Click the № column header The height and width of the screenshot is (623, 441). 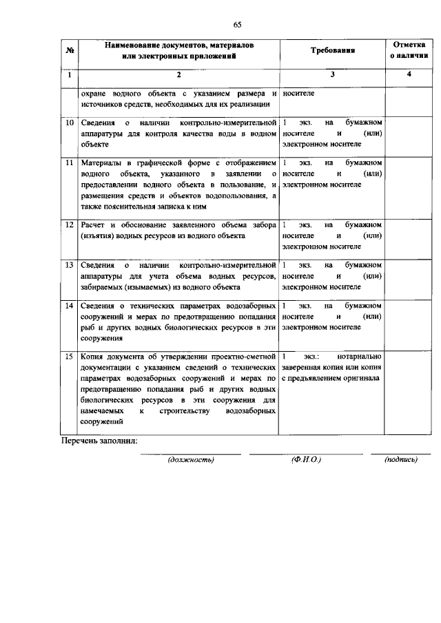click(x=70, y=50)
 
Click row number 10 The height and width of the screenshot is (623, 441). click(x=70, y=123)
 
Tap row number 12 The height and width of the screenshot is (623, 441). click(x=70, y=224)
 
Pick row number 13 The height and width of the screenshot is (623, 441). click(x=70, y=264)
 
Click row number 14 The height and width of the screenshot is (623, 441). click(x=70, y=304)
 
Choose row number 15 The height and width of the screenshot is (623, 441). click(x=70, y=357)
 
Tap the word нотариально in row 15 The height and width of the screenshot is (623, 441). click(x=360, y=357)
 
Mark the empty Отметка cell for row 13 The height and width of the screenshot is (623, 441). click(x=408, y=275)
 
